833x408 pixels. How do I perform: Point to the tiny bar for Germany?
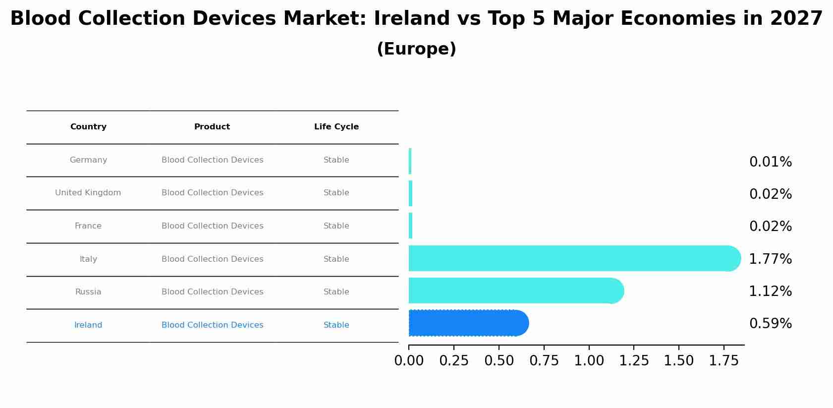(x=410, y=161)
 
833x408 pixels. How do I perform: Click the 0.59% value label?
(x=770, y=324)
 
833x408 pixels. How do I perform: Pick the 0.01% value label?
(x=770, y=162)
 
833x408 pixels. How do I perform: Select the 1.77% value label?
(x=770, y=259)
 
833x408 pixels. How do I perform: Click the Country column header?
(x=88, y=127)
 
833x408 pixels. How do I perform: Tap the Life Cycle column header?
(x=336, y=127)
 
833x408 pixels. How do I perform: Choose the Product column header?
(x=212, y=127)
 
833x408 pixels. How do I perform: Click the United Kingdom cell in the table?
(x=88, y=193)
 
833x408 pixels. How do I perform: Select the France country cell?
(x=88, y=226)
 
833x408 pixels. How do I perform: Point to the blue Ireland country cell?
(x=88, y=325)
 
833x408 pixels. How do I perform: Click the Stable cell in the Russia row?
(x=336, y=292)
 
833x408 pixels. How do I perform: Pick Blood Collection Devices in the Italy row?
(x=212, y=259)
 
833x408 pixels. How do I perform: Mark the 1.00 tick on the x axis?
(x=589, y=361)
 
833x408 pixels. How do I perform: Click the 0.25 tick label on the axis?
(x=453, y=361)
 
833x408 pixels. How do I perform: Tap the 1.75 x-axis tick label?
(x=723, y=361)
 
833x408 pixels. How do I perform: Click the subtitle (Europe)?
(x=416, y=49)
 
